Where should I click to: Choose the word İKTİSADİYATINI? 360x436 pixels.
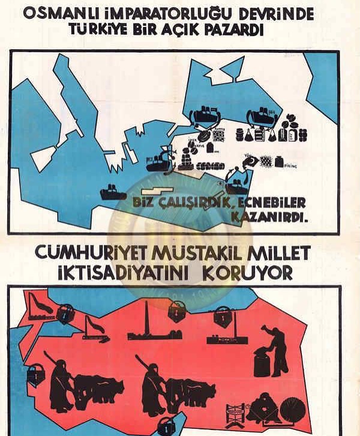click(x=130, y=273)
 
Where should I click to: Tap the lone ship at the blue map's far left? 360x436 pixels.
click(x=112, y=192)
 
